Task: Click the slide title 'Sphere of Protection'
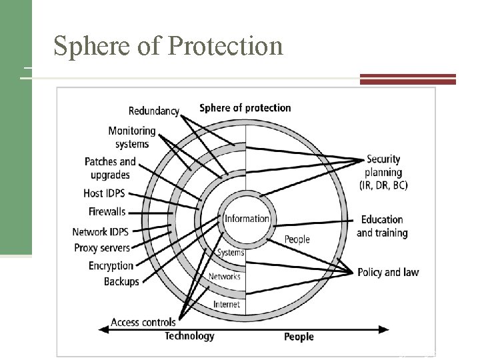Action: tap(168, 45)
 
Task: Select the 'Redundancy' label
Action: tap(153, 111)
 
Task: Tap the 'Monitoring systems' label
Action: tap(131, 137)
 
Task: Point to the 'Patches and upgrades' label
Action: tap(110, 168)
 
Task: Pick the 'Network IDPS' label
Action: tap(100, 232)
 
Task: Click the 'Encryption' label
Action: tap(111, 266)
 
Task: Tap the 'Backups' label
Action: tap(121, 281)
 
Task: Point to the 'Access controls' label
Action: tap(143, 322)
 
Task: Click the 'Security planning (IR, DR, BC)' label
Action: tap(387, 172)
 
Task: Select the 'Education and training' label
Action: tap(381, 226)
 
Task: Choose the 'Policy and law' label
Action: tap(388, 272)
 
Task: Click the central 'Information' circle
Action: tap(247, 219)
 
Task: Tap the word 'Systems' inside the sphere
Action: tap(231, 253)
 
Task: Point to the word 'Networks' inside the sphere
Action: tap(225, 277)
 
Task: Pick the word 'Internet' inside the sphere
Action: tap(227, 305)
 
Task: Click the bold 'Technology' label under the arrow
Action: tap(189, 336)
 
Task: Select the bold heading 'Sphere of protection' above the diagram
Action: tap(245, 107)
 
